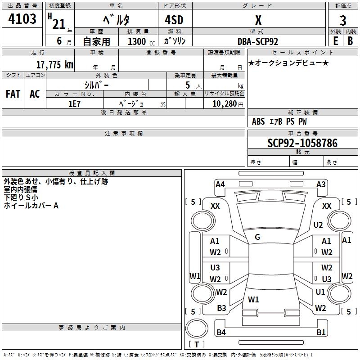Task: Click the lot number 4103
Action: point(22,19)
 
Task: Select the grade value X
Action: point(258,20)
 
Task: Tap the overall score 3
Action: point(343,21)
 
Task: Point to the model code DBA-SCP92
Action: point(258,41)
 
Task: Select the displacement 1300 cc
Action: point(137,41)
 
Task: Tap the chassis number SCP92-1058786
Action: point(302,143)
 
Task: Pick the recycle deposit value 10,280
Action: point(223,103)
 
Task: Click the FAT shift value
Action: point(13,94)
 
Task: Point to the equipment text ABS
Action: point(258,121)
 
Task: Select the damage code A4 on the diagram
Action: point(220,184)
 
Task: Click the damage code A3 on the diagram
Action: point(321,184)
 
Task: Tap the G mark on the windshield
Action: point(257,237)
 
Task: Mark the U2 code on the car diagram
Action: point(318,225)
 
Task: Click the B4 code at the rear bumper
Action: point(221,333)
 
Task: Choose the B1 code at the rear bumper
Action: point(321,333)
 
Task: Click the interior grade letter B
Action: point(350,41)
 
